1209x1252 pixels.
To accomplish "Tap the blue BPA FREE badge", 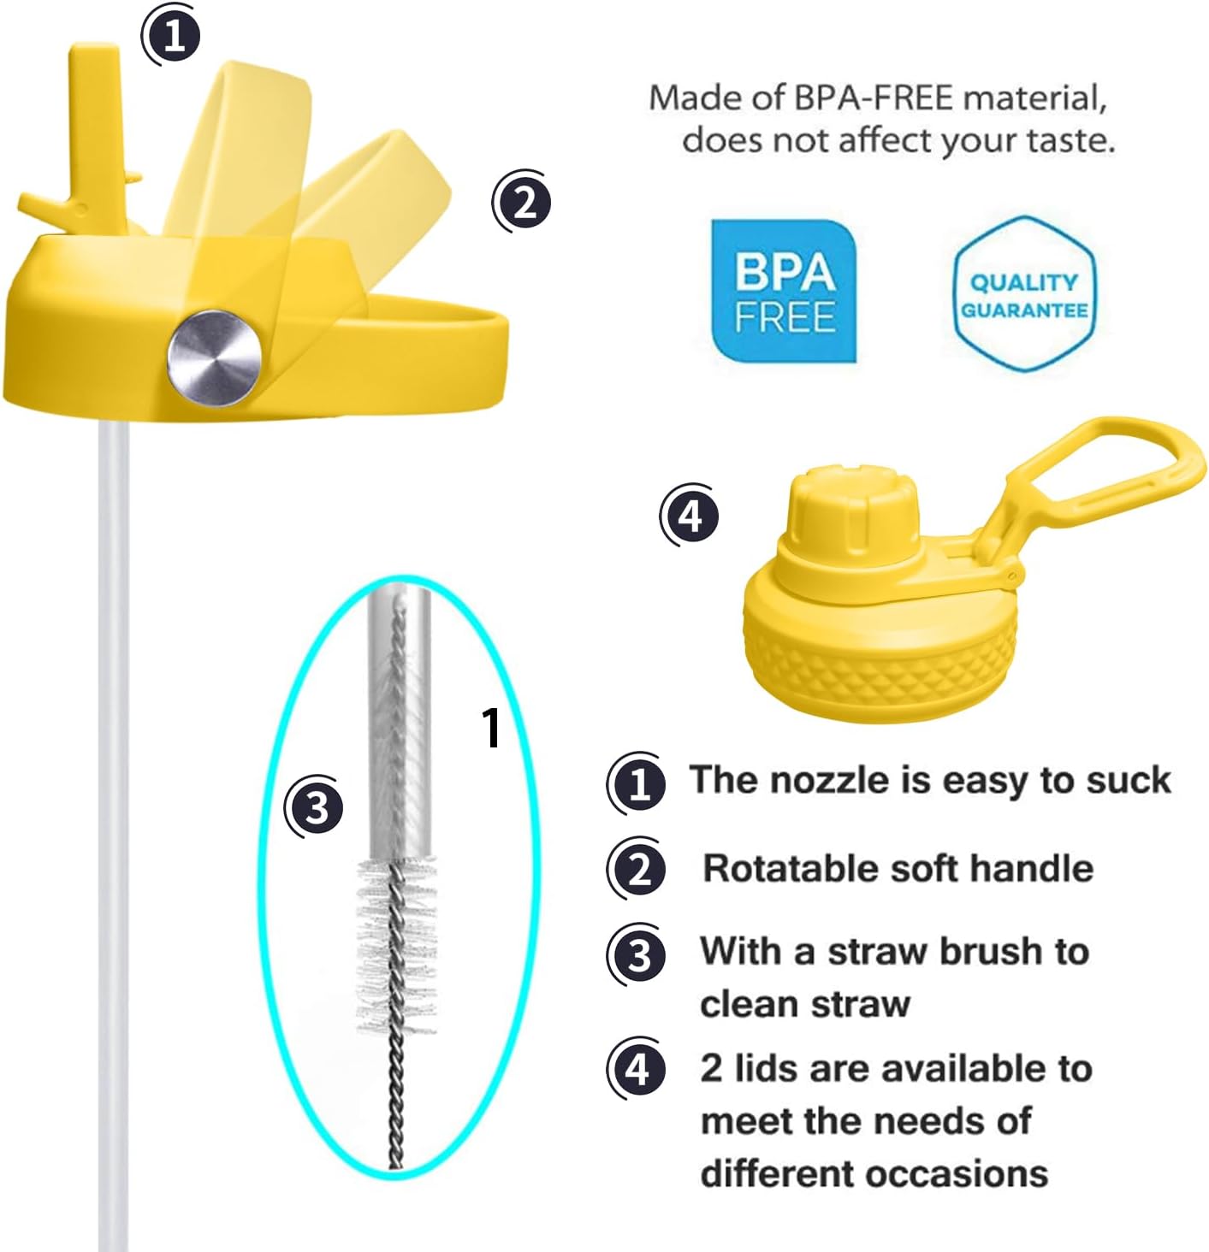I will [784, 292].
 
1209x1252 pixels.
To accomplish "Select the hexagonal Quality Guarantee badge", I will [1023, 294].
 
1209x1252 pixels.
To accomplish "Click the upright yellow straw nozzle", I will [95, 120].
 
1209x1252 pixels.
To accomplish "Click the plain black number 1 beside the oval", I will [490, 729].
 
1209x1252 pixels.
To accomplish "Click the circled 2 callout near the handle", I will [523, 202].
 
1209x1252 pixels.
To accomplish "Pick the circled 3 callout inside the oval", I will [316, 806].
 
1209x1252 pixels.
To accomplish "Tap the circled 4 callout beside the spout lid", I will [690, 516].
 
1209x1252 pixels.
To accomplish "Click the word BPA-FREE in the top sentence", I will [872, 98].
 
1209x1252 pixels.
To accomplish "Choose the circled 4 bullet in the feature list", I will [637, 1069].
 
